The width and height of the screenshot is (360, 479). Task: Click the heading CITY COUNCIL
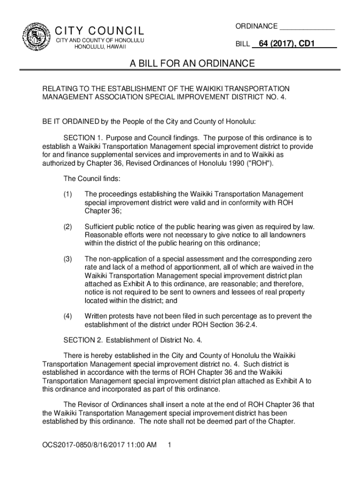coord(100,31)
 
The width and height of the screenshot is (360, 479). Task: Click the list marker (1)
coord(68,194)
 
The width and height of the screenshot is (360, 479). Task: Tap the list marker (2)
coord(68,227)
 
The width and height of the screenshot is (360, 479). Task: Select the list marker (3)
coord(68,259)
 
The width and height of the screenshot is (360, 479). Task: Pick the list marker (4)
coord(68,316)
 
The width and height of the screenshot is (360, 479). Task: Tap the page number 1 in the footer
coord(169,445)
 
